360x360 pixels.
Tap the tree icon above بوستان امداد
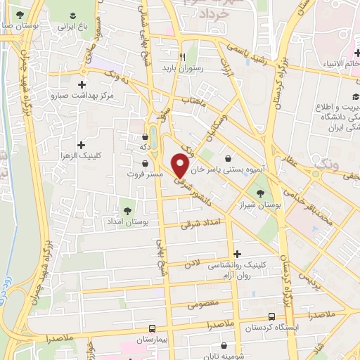tap(127, 209)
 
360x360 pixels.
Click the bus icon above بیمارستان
tap(153, 328)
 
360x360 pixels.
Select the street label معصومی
tap(204, 305)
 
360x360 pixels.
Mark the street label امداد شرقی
tap(195, 224)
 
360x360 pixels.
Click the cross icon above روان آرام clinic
tap(238, 254)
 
